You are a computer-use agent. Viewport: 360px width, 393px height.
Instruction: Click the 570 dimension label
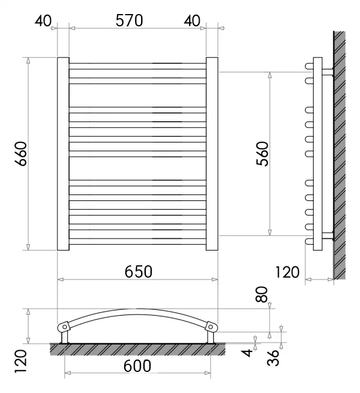(x=129, y=20)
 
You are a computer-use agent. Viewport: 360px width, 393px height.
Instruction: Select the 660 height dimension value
(x=21, y=153)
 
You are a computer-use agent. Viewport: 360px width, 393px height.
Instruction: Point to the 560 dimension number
(x=262, y=153)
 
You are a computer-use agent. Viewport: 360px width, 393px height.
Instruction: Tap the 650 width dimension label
(x=138, y=272)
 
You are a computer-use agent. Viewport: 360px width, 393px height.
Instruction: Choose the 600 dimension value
(x=138, y=366)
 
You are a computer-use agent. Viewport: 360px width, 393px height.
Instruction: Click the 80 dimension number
(x=261, y=295)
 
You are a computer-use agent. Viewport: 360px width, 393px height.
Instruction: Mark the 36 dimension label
(x=273, y=358)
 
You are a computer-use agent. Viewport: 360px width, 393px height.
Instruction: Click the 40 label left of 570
(x=43, y=21)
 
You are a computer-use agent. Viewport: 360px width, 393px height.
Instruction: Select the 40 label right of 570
(x=192, y=21)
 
